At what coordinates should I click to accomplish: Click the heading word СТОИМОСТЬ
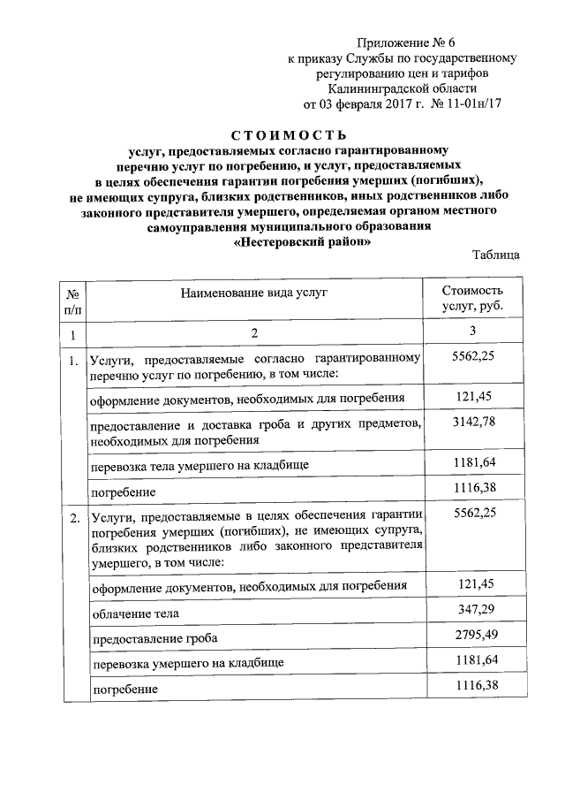tap(282, 135)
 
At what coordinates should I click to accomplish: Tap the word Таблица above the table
tap(495, 255)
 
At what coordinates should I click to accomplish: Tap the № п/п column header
tap(73, 301)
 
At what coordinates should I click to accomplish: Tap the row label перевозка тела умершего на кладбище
tap(200, 463)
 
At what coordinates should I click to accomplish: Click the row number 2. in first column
tap(74, 518)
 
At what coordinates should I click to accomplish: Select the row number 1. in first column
tap(74, 361)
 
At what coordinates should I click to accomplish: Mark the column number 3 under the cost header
tap(472, 331)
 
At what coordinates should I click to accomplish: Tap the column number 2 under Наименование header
tap(254, 333)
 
